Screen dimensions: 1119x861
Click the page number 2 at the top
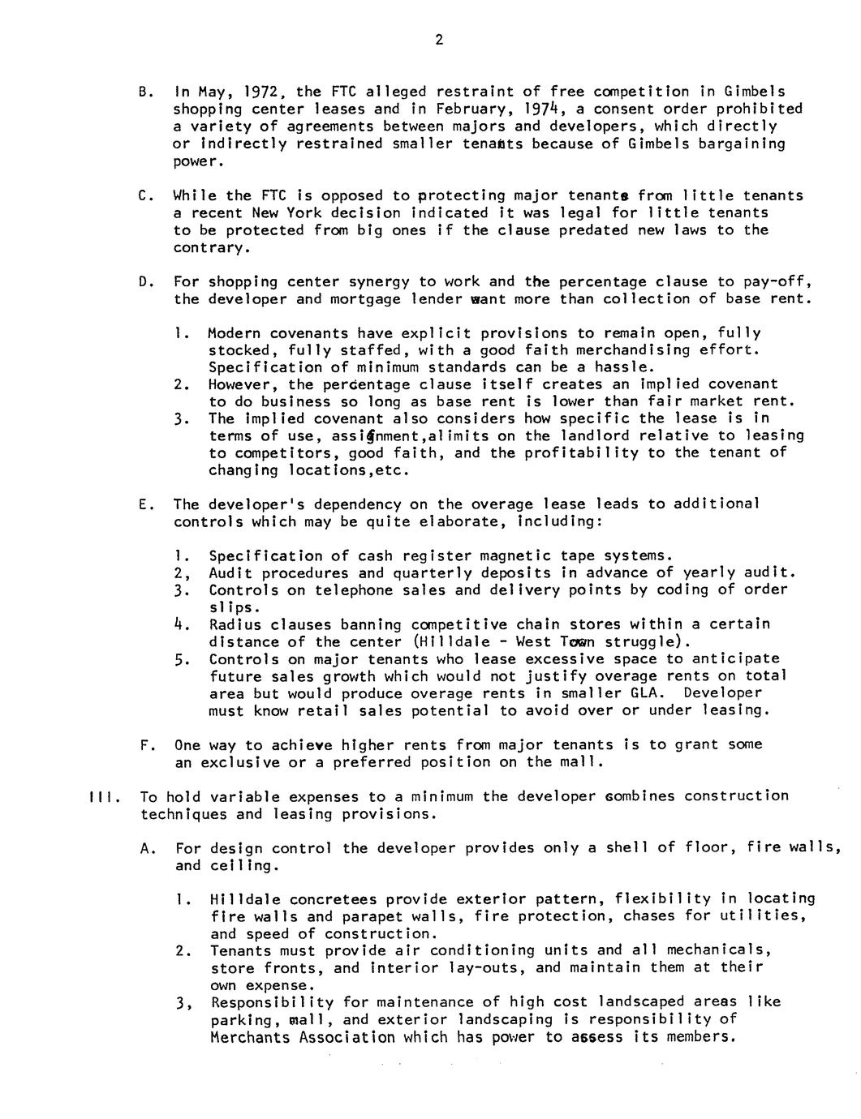438,41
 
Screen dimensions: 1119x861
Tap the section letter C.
144,195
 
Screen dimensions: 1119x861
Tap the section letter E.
144,504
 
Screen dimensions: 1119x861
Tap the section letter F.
144,744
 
